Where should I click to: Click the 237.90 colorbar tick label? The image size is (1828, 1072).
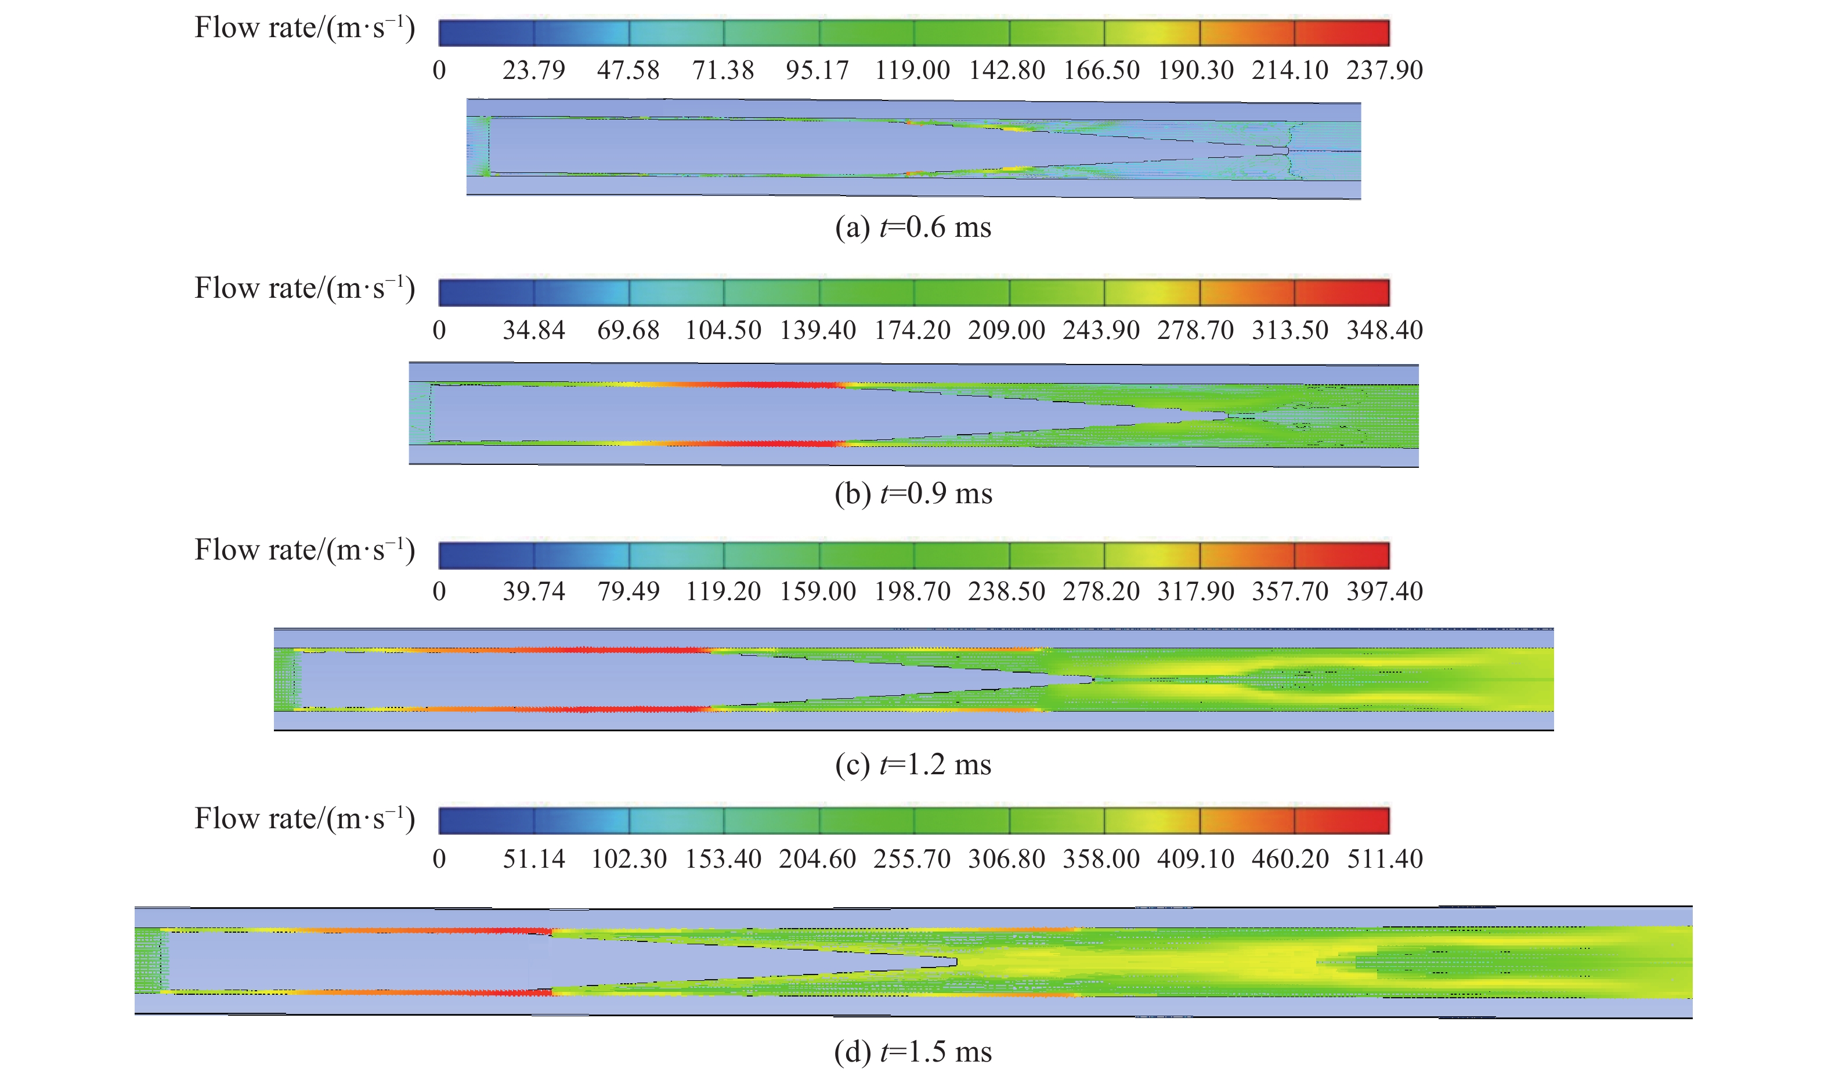[x=1384, y=70]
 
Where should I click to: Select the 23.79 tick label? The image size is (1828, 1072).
[x=533, y=70]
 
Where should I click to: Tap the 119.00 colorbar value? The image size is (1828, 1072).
[x=912, y=70]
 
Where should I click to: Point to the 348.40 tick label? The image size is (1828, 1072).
[x=1384, y=331]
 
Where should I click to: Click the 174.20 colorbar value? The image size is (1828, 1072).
[x=912, y=331]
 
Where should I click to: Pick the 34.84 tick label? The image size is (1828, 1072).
[x=533, y=331]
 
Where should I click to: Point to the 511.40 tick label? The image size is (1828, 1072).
[x=1384, y=860]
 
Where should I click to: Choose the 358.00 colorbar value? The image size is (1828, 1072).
[x=1100, y=860]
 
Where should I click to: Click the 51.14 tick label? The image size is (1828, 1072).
[x=533, y=860]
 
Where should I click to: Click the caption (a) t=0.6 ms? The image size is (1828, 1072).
[x=912, y=228]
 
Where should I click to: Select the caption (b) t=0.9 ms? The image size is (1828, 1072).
[x=912, y=494]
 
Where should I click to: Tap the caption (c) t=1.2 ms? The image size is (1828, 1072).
[x=912, y=765]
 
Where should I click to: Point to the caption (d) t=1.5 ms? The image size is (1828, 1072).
[x=912, y=1052]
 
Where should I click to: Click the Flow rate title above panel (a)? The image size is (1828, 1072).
[x=305, y=29]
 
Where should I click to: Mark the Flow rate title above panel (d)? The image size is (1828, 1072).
[x=305, y=820]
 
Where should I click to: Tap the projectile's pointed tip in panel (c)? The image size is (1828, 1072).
[x=1092, y=680]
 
